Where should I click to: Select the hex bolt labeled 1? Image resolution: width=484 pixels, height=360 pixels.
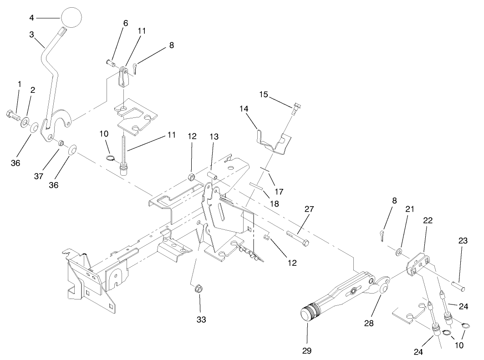click(x=12, y=114)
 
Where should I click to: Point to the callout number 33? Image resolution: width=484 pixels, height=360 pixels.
click(x=201, y=320)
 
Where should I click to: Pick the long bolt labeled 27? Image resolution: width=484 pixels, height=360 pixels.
click(x=298, y=237)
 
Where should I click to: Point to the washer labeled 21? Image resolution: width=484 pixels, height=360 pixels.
click(x=399, y=251)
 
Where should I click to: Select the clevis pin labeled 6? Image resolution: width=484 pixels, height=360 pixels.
click(x=111, y=62)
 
